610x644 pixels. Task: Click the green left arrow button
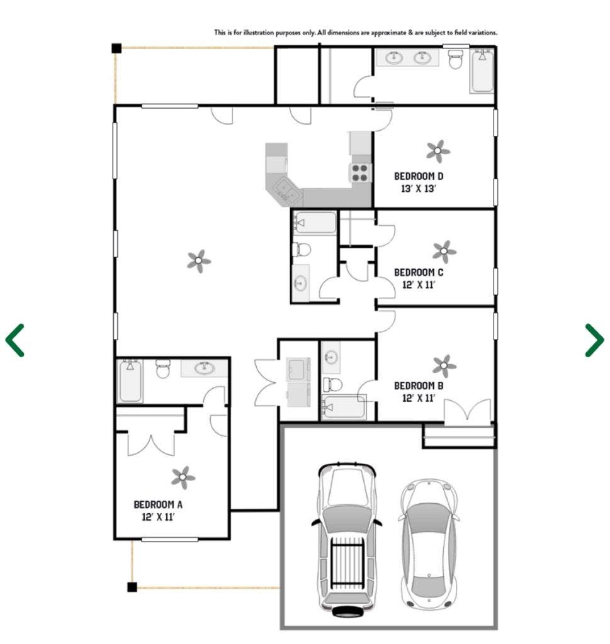click(x=15, y=340)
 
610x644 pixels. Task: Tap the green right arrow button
click(x=594, y=340)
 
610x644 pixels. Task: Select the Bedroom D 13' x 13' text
click(x=419, y=182)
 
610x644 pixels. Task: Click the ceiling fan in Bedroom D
click(x=438, y=151)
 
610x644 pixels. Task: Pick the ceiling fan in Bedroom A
click(x=183, y=477)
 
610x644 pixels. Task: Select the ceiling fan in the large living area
click(x=199, y=261)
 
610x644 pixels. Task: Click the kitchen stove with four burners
click(x=360, y=172)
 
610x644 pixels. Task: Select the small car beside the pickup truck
click(x=427, y=544)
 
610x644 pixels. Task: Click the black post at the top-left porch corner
click(x=116, y=48)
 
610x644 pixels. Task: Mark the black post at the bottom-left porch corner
click(x=132, y=587)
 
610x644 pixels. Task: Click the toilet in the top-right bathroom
click(x=456, y=59)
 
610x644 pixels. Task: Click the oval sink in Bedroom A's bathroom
click(x=205, y=369)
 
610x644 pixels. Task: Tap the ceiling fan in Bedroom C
click(x=444, y=252)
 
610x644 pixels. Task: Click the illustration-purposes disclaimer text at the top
click(x=356, y=32)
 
